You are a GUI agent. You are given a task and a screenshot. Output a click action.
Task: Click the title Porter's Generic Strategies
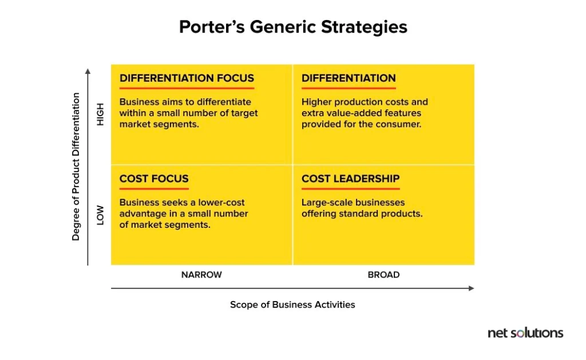click(x=293, y=27)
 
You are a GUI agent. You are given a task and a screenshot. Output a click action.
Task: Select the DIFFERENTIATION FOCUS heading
click(x=187, y=78)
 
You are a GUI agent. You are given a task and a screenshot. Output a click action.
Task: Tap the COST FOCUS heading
click(x=154, y=179)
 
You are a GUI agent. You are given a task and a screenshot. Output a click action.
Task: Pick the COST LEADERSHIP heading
click(x=351, y=179)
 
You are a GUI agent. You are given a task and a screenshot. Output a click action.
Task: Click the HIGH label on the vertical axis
click(x=100, y=114)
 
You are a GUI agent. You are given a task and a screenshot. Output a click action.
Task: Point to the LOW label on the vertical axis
click(x=100, y=215)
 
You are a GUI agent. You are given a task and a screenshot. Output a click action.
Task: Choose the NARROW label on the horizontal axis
click(x=201, y=275)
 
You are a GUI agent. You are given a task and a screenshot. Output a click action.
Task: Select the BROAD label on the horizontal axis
click(x=383, y=275)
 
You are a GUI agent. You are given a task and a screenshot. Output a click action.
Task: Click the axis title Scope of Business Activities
click(x=292, y=304)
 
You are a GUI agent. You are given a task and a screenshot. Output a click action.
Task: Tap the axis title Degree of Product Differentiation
click(x=76, y=167)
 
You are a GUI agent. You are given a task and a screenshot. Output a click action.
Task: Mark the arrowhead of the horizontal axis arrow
click(x=472, y=288)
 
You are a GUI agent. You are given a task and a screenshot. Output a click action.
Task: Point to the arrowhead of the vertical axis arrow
click(x=88, y=71)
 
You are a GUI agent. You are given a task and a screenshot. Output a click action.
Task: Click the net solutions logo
click(x=525, y=333)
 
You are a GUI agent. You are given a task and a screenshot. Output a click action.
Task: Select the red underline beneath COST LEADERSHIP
click(x=351, y=189)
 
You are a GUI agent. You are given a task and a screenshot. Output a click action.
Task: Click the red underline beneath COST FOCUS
click(x=154, y=189)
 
